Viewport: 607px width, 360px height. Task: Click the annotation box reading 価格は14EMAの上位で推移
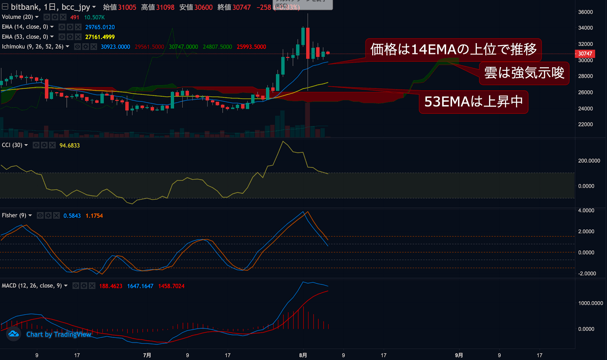pyautogui.click(x=453, y=49)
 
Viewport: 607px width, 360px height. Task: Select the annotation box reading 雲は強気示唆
pyautogui.click(x=524, y=73)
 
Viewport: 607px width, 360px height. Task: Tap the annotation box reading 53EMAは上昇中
pyautogui.click(x=473, y=102)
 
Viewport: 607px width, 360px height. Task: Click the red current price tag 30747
pyautogui.click(x=585, y=54)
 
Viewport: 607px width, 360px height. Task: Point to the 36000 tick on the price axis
pyautogui.click(x=585, y=12)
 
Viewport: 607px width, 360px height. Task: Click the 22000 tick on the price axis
pyautogui.click(x=585, y=124)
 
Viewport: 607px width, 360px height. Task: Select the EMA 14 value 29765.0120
pyautogui.click(x=100, y=27)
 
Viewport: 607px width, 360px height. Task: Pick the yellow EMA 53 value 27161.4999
pyautogui.click(x=100, y=37)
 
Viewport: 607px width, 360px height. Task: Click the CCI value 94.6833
pyautogui.click(x=69, y=146)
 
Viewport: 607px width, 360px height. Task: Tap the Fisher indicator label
pyautogui.click(x=14, y=215)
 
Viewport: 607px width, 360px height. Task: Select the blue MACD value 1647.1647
pyautogui.click(x=140, y=286)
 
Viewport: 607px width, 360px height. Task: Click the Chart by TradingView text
pyautogui.click(x=59, y=334)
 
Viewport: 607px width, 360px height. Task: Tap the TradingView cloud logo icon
pyautogui.click(x=14, y=334)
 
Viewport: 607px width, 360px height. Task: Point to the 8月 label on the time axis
pyautogui.click(x=303, y=355)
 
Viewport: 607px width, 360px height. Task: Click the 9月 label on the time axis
pyautogui.click(x=459, y=355)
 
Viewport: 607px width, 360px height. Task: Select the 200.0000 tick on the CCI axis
pyautogui.click(x=589, y=161)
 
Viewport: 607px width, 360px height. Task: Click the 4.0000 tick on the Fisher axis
pyautogui.click(x=586, y=211)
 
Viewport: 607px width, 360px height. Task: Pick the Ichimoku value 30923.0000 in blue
pyautogui.click(x=115, y=47)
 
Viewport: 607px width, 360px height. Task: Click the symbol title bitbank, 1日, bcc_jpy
pyautogui.click(x=50, y=7)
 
